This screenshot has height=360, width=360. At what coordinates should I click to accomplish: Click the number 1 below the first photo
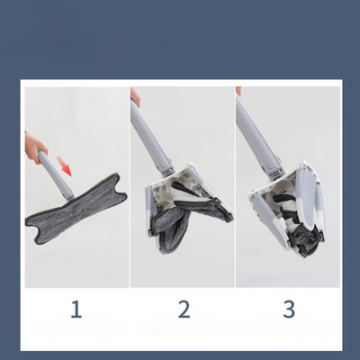click(76, 310)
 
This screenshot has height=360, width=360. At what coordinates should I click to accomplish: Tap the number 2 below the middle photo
click(184, 310)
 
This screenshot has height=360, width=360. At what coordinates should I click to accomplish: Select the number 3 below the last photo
click(289, 310)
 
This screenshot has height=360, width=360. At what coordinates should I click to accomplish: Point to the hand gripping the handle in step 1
click(34, 148)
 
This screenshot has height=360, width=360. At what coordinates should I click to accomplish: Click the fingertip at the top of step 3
click(238, 91)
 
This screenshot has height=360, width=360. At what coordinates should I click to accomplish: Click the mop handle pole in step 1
click(55, 175)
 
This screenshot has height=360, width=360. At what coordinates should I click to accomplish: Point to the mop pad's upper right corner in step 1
click(118, 175)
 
